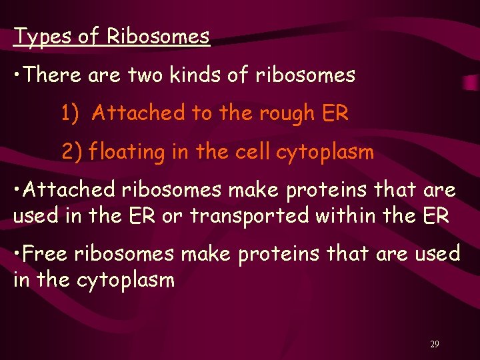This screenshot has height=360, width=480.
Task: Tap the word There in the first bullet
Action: [x=57, y=75]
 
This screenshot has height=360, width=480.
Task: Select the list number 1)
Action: [x=71, y=113]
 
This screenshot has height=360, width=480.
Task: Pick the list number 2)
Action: [x=71, y=152]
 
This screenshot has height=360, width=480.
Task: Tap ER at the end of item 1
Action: [x=335, y=113]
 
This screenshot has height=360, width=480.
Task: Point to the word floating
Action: [x=127, y=152]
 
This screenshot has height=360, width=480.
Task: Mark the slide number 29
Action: [x=435, y=345]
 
